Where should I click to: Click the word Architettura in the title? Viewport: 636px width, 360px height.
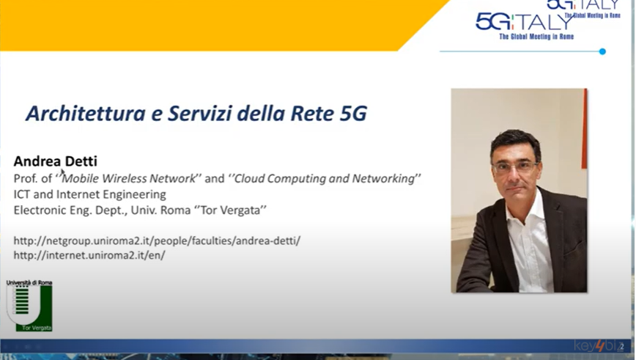pyautogui.click(x=86, y=113)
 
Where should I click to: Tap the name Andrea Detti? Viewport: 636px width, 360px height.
pyautogui.click(x=56, y=161)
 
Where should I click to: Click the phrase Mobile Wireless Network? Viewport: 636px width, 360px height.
pyautogui.click(x=129, y=179)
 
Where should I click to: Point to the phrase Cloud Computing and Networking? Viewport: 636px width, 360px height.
pyautogui.click(x=325, y=179)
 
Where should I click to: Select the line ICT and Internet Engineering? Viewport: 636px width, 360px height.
pyautogui.click(x=89, y=194)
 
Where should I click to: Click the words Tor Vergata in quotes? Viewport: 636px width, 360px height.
pyautogui.click(x=230, y=210)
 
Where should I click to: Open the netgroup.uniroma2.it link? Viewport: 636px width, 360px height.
pyautogui.click(x=157, y=240)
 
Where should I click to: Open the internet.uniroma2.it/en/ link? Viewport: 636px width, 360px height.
pyautogui.click(x=89, y=255)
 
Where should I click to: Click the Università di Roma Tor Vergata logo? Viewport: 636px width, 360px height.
pyautogui.click(x=29, y=305)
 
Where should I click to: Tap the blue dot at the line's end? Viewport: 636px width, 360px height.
pyautogui.click(x=602, y=51)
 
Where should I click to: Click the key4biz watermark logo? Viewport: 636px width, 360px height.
pyautogui.click(x=596, y=346)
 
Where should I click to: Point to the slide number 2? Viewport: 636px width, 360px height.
pyautogui.click(x=622, y=347)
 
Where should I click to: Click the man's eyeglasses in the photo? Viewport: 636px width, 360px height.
pyautogui.click(x=516, y=166)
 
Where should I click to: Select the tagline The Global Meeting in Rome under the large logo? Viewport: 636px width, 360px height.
pyautogui.click(x=536, y=37)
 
